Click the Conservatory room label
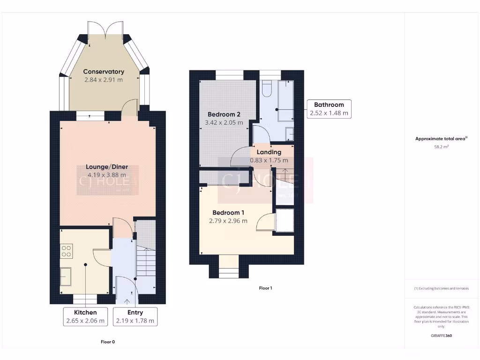click(104, 72)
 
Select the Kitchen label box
click(85, 316)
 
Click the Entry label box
click(135, 316)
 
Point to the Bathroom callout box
click(329, 109)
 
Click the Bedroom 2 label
click(224, 114)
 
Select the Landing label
click(269, 152)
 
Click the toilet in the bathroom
click(268, 88)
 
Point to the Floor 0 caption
click(108, 342)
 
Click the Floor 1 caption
click(265, 288)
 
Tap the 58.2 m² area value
click(441, 147)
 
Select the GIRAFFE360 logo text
click(441, 336)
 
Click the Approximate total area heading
click(441, 138)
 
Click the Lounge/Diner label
click(106, 167)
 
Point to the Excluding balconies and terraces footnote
click(441, 288)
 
